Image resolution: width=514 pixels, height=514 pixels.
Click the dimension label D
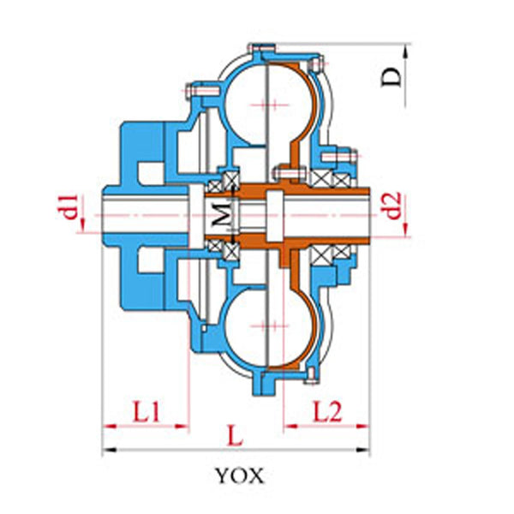point(391,77)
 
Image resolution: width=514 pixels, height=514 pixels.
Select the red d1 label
point(70,206)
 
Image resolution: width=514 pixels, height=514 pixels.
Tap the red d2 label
point(393,206)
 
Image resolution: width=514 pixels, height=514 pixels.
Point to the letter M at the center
point(221,214)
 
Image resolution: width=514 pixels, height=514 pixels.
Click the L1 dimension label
point(146,411)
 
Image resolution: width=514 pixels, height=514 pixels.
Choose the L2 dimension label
point(327,411)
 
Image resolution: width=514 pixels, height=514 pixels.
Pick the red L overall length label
point(235,436)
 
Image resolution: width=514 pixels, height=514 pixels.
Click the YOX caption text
point(240,475)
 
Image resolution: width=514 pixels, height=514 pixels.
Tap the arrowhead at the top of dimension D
point(405,51)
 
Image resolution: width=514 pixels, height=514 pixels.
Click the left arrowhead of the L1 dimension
point(110,427)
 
